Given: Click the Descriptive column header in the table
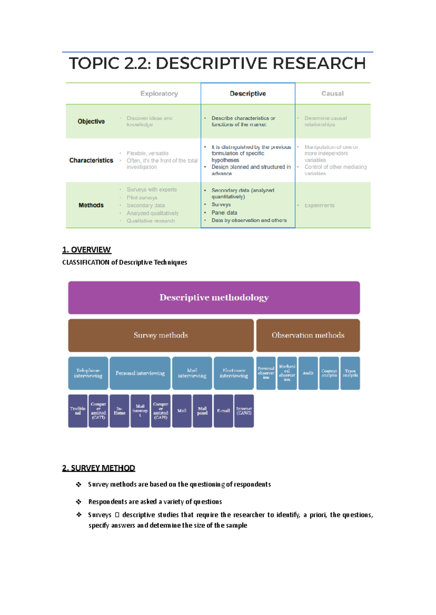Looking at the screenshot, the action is pos(248,94).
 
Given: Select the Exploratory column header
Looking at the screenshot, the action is pos(159,94).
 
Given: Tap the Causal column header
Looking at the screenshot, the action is pos(332,94).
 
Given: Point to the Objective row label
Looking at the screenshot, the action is pos(91,121).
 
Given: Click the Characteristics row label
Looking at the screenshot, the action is pos(91,160).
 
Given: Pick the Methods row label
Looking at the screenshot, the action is pos(91,205).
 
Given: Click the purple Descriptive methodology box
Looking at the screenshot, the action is pos(214,298).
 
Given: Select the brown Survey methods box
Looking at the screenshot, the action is pos(161,335).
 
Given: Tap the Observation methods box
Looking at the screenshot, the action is pos(308,335).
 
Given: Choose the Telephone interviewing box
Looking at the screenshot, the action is pos(88,373).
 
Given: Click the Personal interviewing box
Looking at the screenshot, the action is pos(140,373).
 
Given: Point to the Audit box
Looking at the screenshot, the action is pos(308,373).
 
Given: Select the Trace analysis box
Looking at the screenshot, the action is pos(350,373).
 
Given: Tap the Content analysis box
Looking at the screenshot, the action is pos(329,373).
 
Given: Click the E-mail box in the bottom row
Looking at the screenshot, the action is pos(223,411).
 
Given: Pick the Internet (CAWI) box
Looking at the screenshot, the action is pos(244,411).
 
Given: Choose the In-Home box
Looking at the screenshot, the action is pos(119,411).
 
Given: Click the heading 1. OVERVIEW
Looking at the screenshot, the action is pos(86,250).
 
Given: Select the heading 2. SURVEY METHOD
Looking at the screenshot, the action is pos(98,468).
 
